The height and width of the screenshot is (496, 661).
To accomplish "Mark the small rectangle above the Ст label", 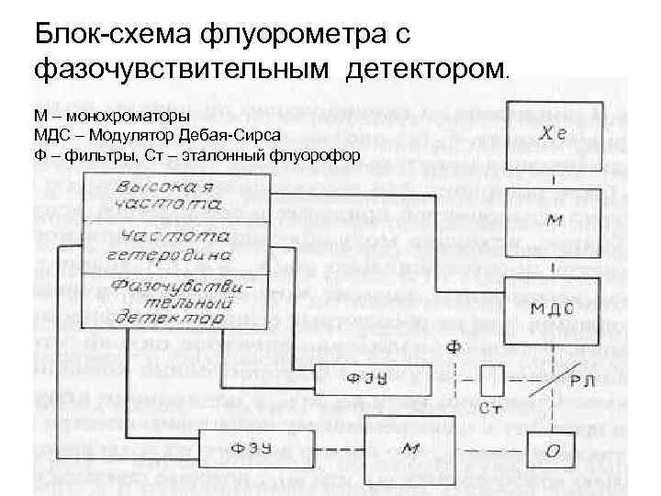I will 492,378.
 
